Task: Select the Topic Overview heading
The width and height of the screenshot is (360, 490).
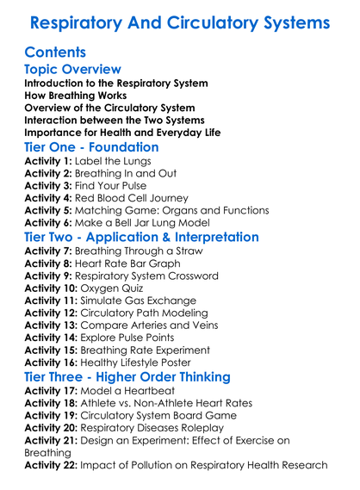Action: (72, 69)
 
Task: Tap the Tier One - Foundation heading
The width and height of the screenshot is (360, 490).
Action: (91, 147)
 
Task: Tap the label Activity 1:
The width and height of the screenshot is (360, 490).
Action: (48, 161)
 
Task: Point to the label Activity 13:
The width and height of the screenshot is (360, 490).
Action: (52, 326)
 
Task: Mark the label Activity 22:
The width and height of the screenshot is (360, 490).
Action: (52, 465)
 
